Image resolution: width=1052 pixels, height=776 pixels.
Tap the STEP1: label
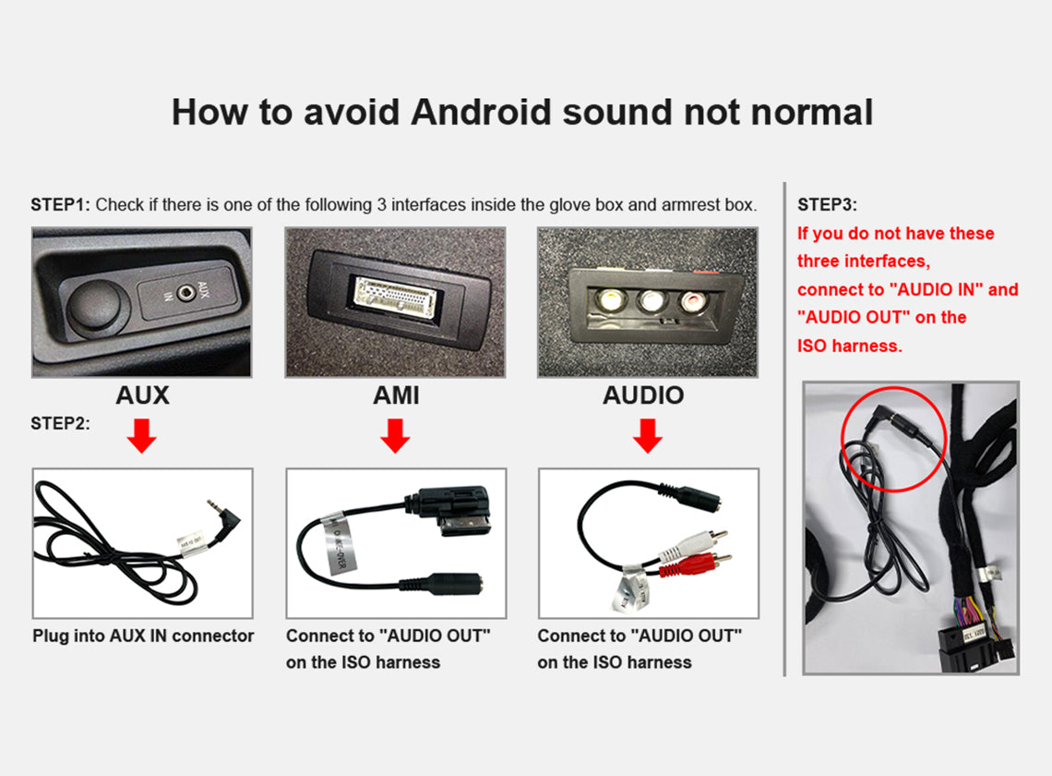click(x=60, y=205)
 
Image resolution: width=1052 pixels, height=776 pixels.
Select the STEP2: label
click(x=60, y=423)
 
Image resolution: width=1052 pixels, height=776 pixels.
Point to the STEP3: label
click(x=827, y=205)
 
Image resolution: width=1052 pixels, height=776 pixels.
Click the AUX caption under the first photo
click(x=142, y=395)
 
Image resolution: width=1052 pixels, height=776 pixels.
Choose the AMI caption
click(x=396, y=395)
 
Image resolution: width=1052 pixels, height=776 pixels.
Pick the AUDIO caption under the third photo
click(x=643, y=395)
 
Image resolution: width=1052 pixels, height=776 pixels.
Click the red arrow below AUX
click(x=141, y=436)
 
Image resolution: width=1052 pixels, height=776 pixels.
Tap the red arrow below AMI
click(x=395, y=436)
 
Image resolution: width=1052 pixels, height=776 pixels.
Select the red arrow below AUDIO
click(x=648, y=436)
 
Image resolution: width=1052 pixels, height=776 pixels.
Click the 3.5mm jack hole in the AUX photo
click(x=185, y=292)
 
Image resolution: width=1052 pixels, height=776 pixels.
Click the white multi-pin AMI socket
click(x=396, y=298)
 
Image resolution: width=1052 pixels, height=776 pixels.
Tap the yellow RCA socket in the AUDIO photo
click(x=611, y=298)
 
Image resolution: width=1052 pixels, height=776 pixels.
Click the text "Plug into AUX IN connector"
click(x=143, y=636)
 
